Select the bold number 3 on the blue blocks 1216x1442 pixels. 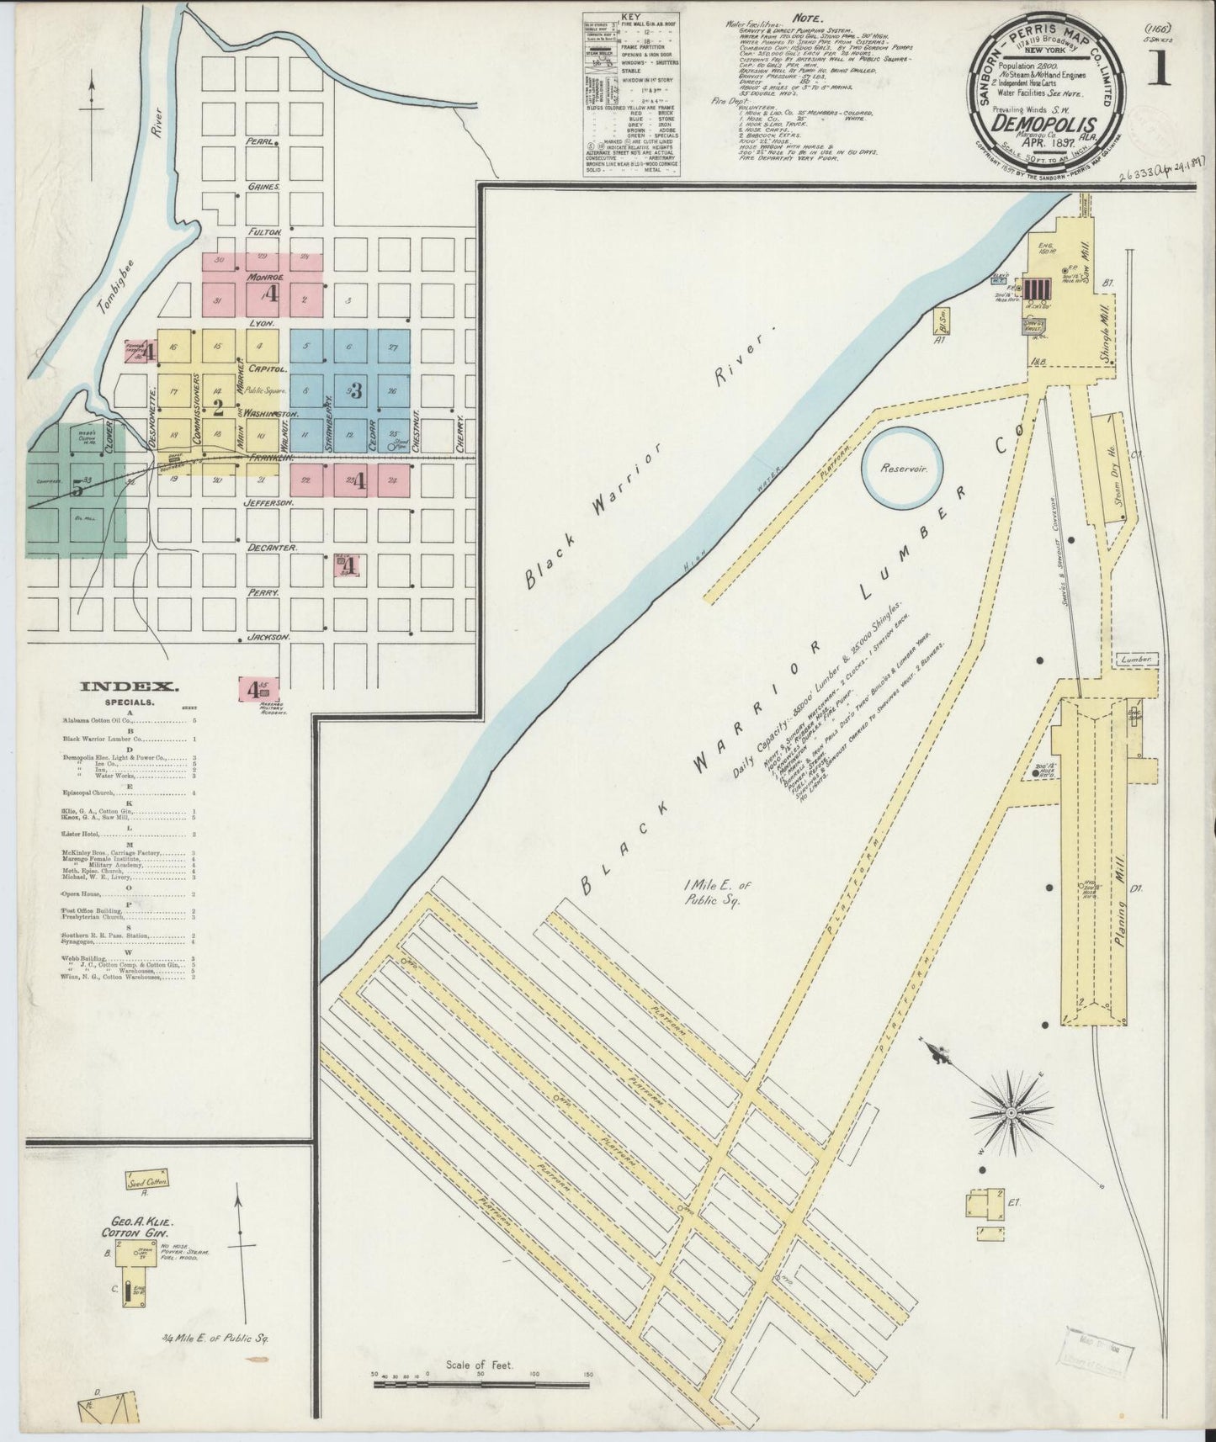[356, 390]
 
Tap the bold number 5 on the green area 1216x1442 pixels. [77, 487]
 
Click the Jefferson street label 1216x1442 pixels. [269, 502]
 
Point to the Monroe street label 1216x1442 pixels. [267, 277]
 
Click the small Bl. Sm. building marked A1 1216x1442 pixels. [941, 324]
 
